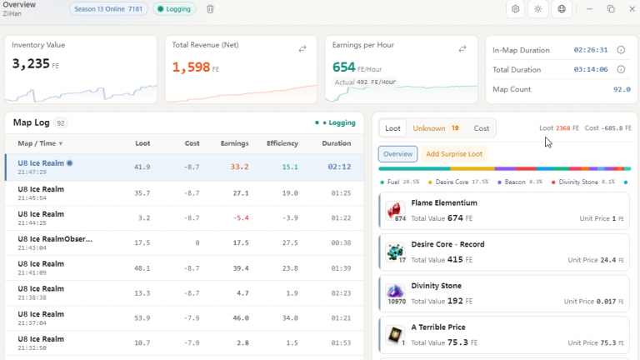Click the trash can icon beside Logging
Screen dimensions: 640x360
tap(210, 9)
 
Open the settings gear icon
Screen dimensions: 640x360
tap(515, 9)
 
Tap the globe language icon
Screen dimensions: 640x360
tap(562, 9)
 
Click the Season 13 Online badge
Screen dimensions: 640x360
tap(108, 9)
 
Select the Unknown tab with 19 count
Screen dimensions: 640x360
tap(436, 128)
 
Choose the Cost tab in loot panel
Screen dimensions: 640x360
tap(481, 128)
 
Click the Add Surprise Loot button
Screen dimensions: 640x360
tap(454, 154)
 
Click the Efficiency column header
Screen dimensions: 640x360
tap(282, 143)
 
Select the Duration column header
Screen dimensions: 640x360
tap(336, 143)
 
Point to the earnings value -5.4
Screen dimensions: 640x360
tap(241, 218)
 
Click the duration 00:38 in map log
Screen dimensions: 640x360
tap(341, 242)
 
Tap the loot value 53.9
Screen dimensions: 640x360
tap(142, 318)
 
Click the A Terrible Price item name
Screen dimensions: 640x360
tap(438, 327)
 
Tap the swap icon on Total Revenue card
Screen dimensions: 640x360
tap(302, 49)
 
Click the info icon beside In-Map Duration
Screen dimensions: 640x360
tap(621, 50)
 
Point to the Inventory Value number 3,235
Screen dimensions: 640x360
tap(31, 63)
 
